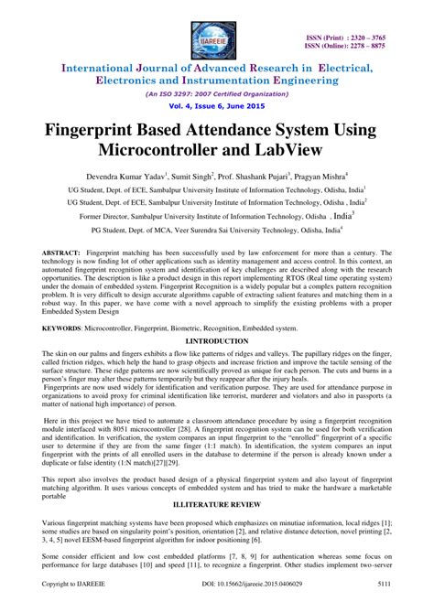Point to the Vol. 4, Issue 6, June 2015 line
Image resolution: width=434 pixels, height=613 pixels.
tap(216, 105)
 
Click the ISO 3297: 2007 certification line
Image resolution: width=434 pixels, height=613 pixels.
tap(216, 92)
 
